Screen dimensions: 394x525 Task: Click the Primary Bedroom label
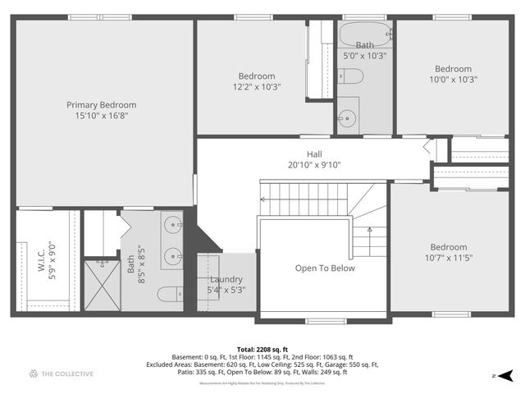coord(102,105)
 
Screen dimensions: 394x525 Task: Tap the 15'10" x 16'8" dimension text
coord(102,116)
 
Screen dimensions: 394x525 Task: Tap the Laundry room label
coord(226,279)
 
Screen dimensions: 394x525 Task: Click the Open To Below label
coord(325,268)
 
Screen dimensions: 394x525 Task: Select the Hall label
coord(315,153)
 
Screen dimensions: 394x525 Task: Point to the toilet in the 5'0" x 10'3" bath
coord(352,77)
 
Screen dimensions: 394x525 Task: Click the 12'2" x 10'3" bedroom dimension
coord(257,87)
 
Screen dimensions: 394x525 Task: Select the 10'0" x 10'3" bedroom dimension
coord(453,80)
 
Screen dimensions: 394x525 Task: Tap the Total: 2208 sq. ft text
coord(262,350)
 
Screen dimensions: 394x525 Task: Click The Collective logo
coord(62,374)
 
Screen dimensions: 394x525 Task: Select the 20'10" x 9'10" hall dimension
coord(314,164)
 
